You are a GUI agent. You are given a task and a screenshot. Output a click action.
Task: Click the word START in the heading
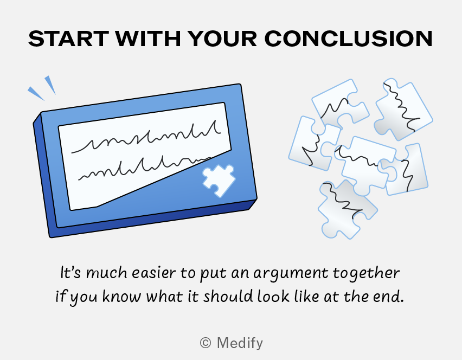(x=69, y=38)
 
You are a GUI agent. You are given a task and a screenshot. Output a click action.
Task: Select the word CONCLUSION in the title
(x=349, y=38)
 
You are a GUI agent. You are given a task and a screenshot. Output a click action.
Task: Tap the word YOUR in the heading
(x=222, y=38)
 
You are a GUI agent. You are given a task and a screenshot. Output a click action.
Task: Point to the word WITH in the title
(x=147, y=38)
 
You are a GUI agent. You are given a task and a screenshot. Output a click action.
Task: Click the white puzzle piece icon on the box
(x=219, y=181)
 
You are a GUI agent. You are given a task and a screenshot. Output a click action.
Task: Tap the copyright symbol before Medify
(x=206, y=343)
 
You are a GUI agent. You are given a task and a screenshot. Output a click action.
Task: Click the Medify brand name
(x=240, y=343)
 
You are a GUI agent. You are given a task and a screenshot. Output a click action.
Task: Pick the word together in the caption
(x=366, y=273)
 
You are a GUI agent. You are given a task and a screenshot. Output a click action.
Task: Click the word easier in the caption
(x=153, y=273)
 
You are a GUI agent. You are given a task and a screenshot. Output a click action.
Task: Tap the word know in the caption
(x=121, y=296)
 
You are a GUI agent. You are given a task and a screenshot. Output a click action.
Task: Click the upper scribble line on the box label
(x=146, y=138)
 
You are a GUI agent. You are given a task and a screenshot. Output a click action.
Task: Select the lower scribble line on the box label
(x=144, y=169)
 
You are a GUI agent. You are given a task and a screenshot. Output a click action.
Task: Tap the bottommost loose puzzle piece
(x=348, y=209)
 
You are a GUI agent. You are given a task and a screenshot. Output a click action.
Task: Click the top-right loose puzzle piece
(x=403, y=109)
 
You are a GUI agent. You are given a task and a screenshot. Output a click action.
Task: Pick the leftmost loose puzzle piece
(x=314, y=144)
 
